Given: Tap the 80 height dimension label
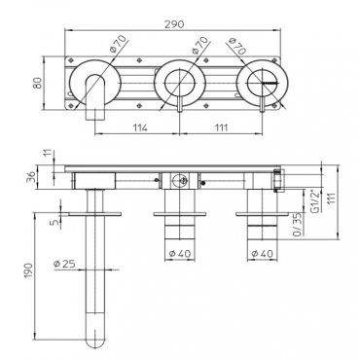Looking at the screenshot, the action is coord(38,83).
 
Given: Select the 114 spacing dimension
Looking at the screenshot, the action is coord(140,127).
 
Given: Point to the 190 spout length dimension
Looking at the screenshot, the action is coord(28,271).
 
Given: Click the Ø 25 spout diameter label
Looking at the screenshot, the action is coord(64,264).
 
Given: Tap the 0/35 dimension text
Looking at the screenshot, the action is coord(298,224).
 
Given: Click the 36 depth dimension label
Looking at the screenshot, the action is coord(31,177).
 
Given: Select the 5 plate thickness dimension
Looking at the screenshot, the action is coord(55,222).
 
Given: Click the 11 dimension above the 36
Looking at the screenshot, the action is coord(49,153).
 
